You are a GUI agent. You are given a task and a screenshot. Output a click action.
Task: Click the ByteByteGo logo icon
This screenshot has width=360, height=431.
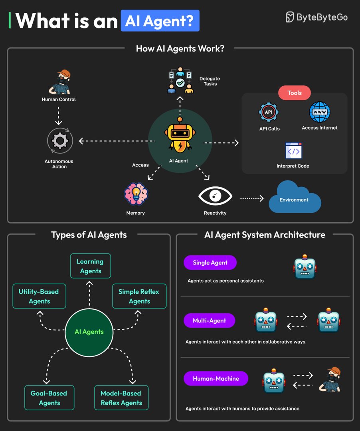click(x=290, y=17)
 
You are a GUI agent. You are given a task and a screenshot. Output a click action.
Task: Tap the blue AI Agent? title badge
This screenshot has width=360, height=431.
click(x=160, y=21)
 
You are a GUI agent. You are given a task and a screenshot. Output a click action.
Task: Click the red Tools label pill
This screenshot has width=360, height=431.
click(x=294, y=93)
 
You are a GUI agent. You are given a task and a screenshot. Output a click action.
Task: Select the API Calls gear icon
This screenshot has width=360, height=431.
click(x=269, y=112)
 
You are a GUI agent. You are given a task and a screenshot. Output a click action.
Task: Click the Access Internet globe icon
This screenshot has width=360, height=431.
click(x=320, y=112)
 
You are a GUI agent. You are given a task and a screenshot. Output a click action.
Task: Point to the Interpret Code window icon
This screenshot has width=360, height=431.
click(x=293, y=151)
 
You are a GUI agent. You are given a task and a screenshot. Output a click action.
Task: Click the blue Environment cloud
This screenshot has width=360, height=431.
click(x=295, y=198)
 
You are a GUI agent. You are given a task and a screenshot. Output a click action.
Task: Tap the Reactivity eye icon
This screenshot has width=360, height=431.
click(x=215, y=196)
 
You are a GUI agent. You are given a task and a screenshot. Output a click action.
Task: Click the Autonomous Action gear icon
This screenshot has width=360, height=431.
click(x=59, y=140)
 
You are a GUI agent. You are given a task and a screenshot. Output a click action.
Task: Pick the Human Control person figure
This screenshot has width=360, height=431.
click(x=59, y=82)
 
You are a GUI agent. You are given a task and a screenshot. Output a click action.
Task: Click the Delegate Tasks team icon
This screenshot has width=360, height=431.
click(x=180, y=80)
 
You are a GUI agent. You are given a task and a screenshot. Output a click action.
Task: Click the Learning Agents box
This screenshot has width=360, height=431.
click(x=90, y=266)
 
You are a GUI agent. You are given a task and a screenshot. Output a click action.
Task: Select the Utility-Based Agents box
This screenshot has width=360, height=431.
click(x=39, y=297)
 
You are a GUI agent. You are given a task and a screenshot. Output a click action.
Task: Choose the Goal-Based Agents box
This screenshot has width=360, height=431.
click(x=49, y=398)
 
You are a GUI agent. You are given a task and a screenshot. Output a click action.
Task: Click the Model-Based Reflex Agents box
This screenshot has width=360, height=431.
click(x=121, y=398)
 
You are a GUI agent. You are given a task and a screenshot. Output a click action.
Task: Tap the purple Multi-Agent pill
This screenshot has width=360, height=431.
click(x=210, y=320)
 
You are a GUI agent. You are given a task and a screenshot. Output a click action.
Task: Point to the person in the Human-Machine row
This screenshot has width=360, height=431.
click(x=331, y=380)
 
